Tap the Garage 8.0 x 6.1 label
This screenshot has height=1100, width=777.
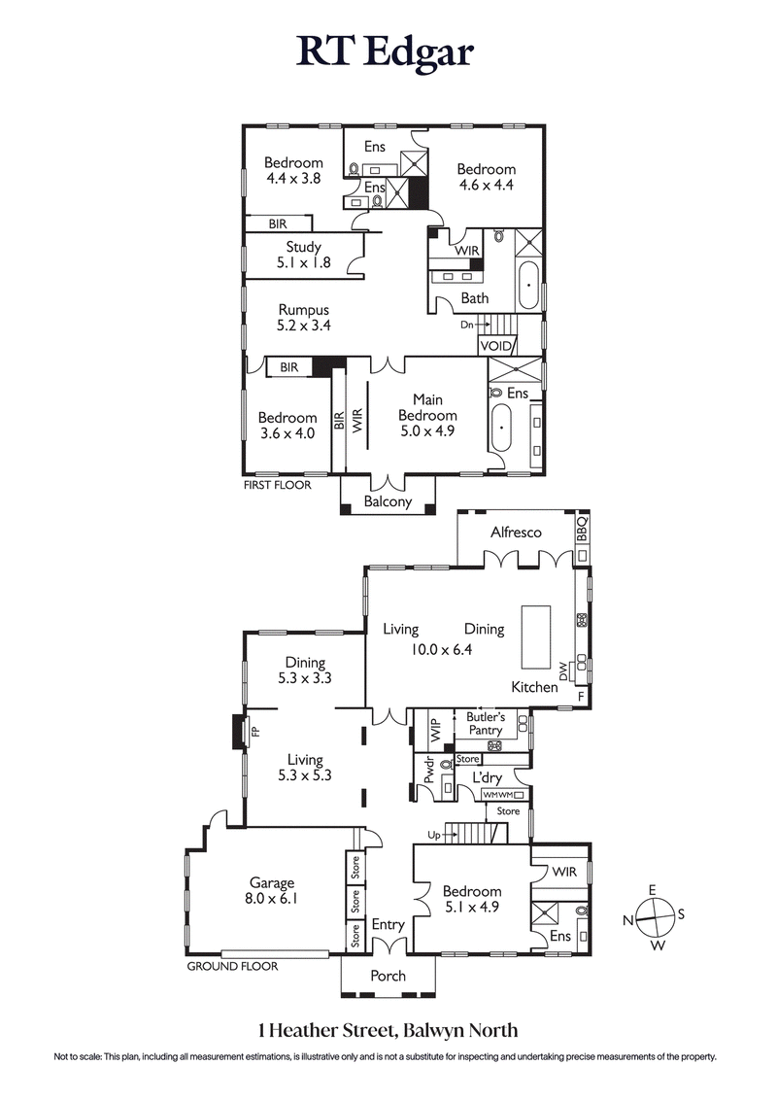271,891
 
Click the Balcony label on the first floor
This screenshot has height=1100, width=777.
388,502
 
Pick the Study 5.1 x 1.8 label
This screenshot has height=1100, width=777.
303,255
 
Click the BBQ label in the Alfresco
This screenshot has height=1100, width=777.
583,531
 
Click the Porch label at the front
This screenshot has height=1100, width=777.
388,976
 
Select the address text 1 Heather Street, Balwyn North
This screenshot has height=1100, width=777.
388,1030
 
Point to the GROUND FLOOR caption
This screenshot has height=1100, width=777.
232,966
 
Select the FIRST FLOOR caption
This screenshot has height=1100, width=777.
278,484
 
